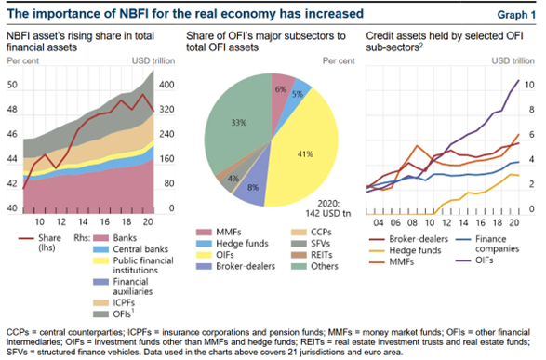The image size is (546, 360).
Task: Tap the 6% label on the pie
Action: (x=281, y=89)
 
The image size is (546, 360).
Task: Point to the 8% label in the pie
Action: (x=253, y=188)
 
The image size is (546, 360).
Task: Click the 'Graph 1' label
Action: (x=516, y=15)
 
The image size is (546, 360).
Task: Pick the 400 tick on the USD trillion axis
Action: (x=166, y=85)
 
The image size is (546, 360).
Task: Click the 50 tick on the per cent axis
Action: (x=12, y=85)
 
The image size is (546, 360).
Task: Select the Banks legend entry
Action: (x=115, y=238)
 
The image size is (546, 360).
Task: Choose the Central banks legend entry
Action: (x=130, y=249)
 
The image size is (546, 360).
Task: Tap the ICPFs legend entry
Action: (x=113, y=303)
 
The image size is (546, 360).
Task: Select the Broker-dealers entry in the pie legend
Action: (x=235, y=266)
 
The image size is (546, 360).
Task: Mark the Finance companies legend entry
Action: (x=487, y=244)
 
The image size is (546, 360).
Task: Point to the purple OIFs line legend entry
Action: (x=474, y=260)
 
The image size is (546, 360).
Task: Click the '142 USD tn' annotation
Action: (x=328, y=213)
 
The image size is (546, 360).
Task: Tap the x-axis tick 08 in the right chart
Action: (x=412, y=222)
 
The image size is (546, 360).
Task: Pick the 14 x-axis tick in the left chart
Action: (x=83, y=221)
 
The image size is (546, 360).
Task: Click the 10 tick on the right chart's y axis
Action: (x=529, y=85)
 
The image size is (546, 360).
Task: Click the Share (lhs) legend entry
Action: (x=40, y=243)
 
